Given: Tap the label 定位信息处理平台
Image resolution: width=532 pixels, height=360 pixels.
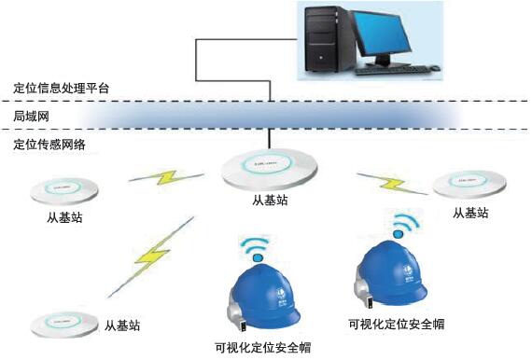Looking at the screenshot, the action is (x=62, y=88).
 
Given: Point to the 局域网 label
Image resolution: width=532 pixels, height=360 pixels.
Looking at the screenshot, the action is (x=31, y=118).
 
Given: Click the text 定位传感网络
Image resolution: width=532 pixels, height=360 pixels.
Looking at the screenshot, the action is (x=49, y=145).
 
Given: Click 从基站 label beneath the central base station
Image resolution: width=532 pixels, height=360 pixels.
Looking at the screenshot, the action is (x=270, y=203).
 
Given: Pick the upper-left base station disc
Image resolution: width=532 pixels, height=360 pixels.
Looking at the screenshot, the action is (x=64, y=191).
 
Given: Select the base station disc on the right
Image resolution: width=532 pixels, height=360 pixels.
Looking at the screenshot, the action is (x=471, y=184).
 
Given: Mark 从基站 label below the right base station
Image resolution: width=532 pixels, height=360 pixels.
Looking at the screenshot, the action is (x=470, y=214).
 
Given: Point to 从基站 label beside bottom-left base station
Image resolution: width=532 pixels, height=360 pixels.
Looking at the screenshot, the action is (x=122, y=325).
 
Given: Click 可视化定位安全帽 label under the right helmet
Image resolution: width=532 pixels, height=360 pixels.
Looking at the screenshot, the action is (x=395, y=325).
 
